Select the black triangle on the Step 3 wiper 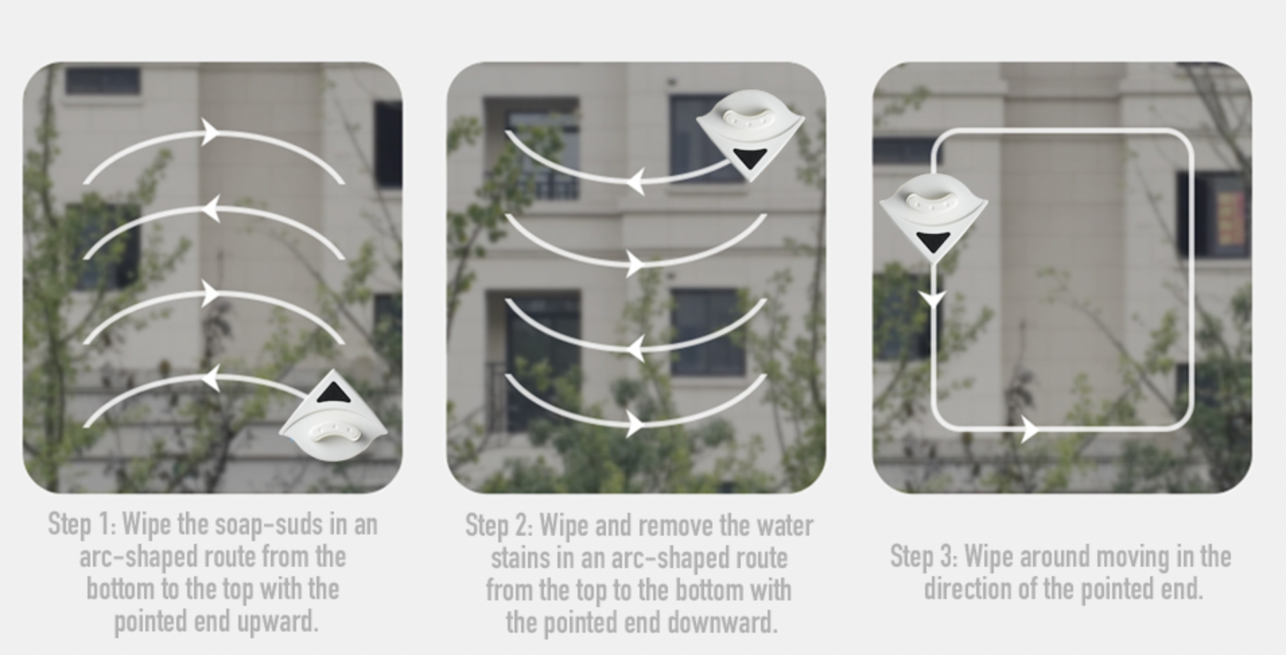point(933,241)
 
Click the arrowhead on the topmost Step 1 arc point(211,132)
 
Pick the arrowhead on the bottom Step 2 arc point(634,425)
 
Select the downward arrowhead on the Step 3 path point(933,299)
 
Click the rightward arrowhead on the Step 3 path point(1029,429)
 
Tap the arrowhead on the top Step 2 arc point(635,182)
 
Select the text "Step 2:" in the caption point(499,526)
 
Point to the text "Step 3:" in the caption point(924,557)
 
